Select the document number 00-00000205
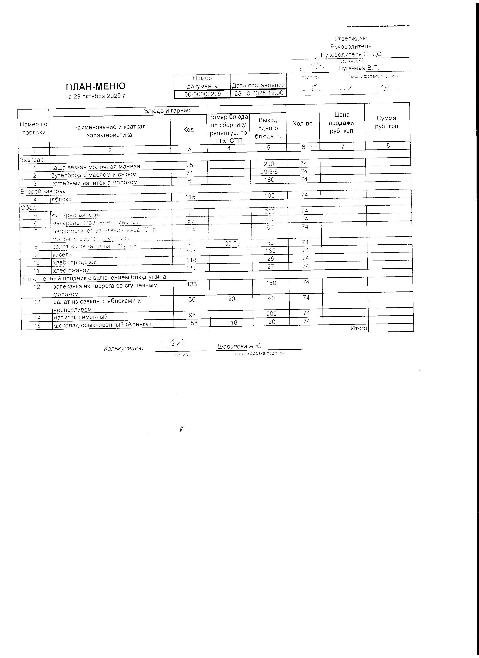point(202,94)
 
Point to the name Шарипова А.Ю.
point(240,346)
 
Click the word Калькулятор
point(123,348)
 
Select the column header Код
point(189,129)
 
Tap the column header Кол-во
point(303,123)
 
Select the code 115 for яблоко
point(190,197)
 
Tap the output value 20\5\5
point(269,172)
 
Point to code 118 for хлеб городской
point(191,260)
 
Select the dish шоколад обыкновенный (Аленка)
point(102,324)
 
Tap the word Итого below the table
point(359,328)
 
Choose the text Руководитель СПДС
point(351,54)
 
